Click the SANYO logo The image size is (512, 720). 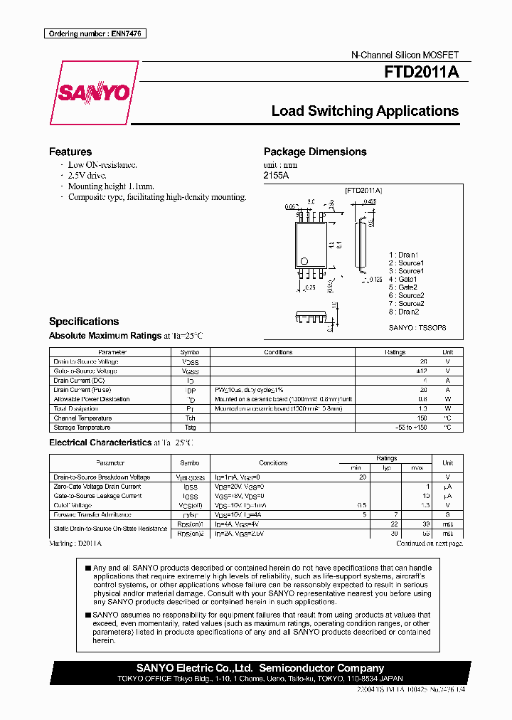pos(93,93)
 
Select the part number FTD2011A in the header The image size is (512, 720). pos(421,72)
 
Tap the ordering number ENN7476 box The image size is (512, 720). pos(95,33)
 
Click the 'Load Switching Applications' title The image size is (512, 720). pos(365,111)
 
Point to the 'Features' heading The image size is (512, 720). pos(70,152)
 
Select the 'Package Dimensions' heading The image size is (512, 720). pos(315,152)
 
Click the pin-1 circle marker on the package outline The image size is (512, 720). pos(304,260)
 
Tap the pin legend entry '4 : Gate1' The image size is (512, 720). pos(402,279)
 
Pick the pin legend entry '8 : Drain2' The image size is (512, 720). pos(404,312)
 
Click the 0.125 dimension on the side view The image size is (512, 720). pos(376,280)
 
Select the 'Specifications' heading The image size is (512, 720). pos(84,321)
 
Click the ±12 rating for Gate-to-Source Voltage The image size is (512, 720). pos(423,371)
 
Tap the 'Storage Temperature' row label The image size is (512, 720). pos(82,428)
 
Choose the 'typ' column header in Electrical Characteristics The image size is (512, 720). pos(387,467)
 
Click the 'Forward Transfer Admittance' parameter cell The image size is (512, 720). pos(92,514)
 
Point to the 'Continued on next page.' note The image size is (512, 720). pos(430,543)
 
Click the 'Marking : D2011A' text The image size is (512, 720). pos(76,543)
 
